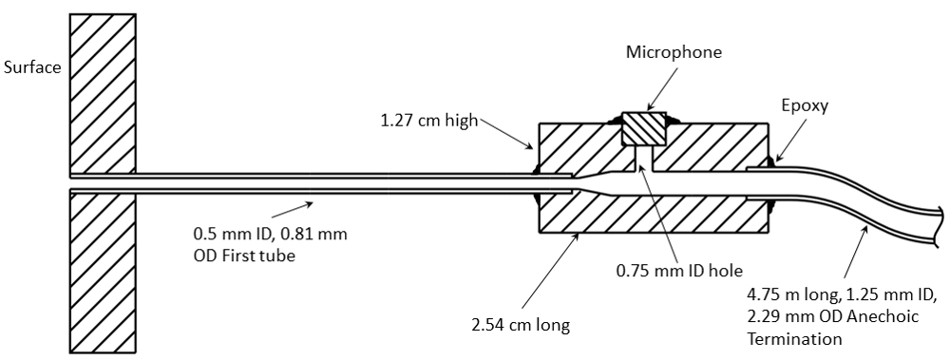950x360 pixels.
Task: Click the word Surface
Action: click(32, 67)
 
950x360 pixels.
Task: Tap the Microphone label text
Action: click(674, 52)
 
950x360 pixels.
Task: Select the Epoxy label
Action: click(805, 106)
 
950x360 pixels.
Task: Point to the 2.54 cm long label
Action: click(521, 326)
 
